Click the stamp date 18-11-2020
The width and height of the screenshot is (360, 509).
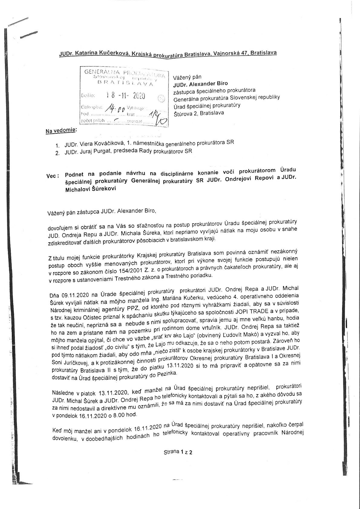126,96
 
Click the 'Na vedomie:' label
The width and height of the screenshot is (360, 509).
61,131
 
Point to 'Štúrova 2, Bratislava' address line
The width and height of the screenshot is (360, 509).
199,113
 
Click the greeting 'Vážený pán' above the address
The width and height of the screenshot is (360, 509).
187,77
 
